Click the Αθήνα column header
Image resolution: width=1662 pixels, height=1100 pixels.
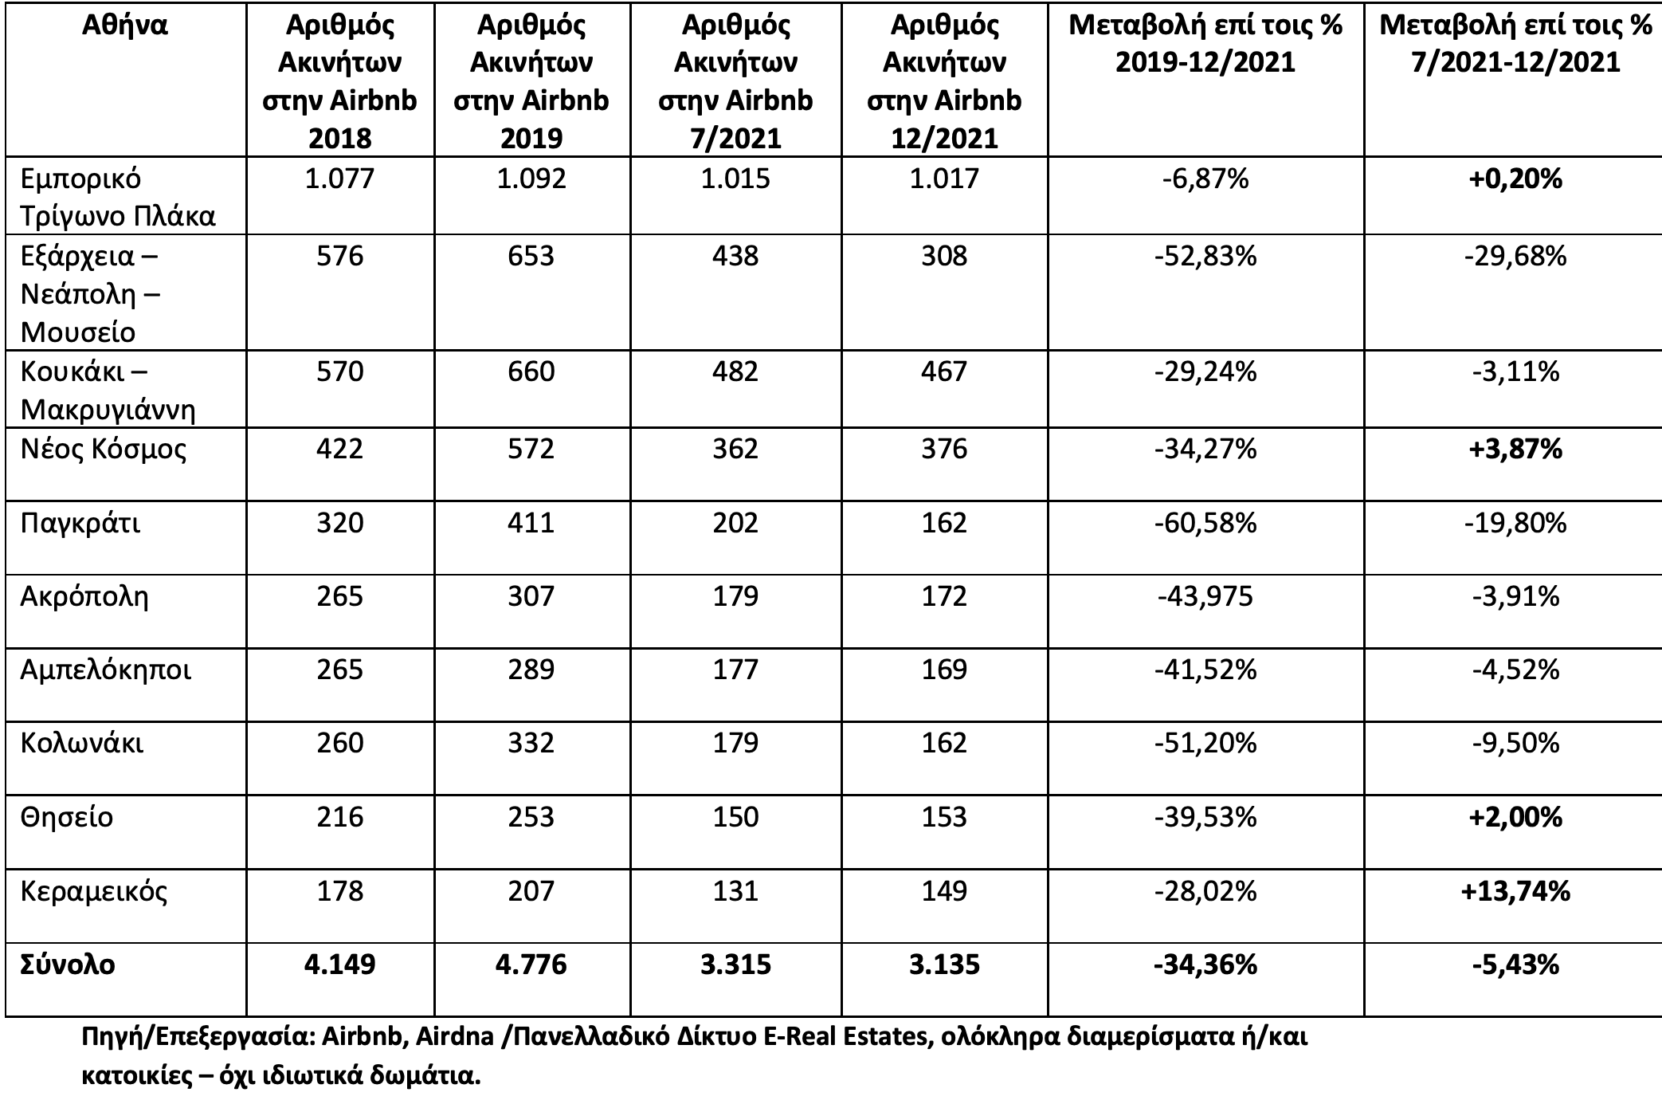(125, 26)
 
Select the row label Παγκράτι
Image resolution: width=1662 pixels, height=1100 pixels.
(80, 524)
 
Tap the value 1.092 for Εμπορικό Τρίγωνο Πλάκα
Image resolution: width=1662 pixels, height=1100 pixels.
(531, 178)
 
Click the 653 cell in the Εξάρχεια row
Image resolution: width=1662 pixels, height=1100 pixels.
(531, 256)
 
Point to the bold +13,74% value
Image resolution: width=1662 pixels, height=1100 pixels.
(1515, 891)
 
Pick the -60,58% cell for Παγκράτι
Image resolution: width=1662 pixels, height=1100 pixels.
(1205, 523)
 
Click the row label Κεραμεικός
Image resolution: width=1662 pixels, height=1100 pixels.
(94, 891)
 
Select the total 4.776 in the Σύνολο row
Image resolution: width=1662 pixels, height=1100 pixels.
(531, 964)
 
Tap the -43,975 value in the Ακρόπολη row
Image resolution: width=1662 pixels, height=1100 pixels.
(1205, 596)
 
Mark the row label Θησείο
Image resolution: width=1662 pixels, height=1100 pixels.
(67, 817)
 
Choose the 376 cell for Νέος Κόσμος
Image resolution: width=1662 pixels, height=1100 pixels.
(944, 449)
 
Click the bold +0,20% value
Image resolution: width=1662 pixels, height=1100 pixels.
(1515, 179)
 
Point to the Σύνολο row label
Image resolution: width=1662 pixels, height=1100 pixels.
(68, 964)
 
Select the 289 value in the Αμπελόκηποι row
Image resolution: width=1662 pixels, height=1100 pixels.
(531, 670)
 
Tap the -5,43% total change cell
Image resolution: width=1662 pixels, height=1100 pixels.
(1515, 965)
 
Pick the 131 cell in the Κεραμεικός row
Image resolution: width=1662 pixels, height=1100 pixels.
(735, 890)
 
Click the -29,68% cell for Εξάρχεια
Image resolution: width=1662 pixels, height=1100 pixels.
(1515, 257)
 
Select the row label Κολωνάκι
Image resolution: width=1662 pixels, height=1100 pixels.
(82, 744)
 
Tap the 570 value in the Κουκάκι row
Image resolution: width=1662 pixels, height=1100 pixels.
(339, 371)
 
